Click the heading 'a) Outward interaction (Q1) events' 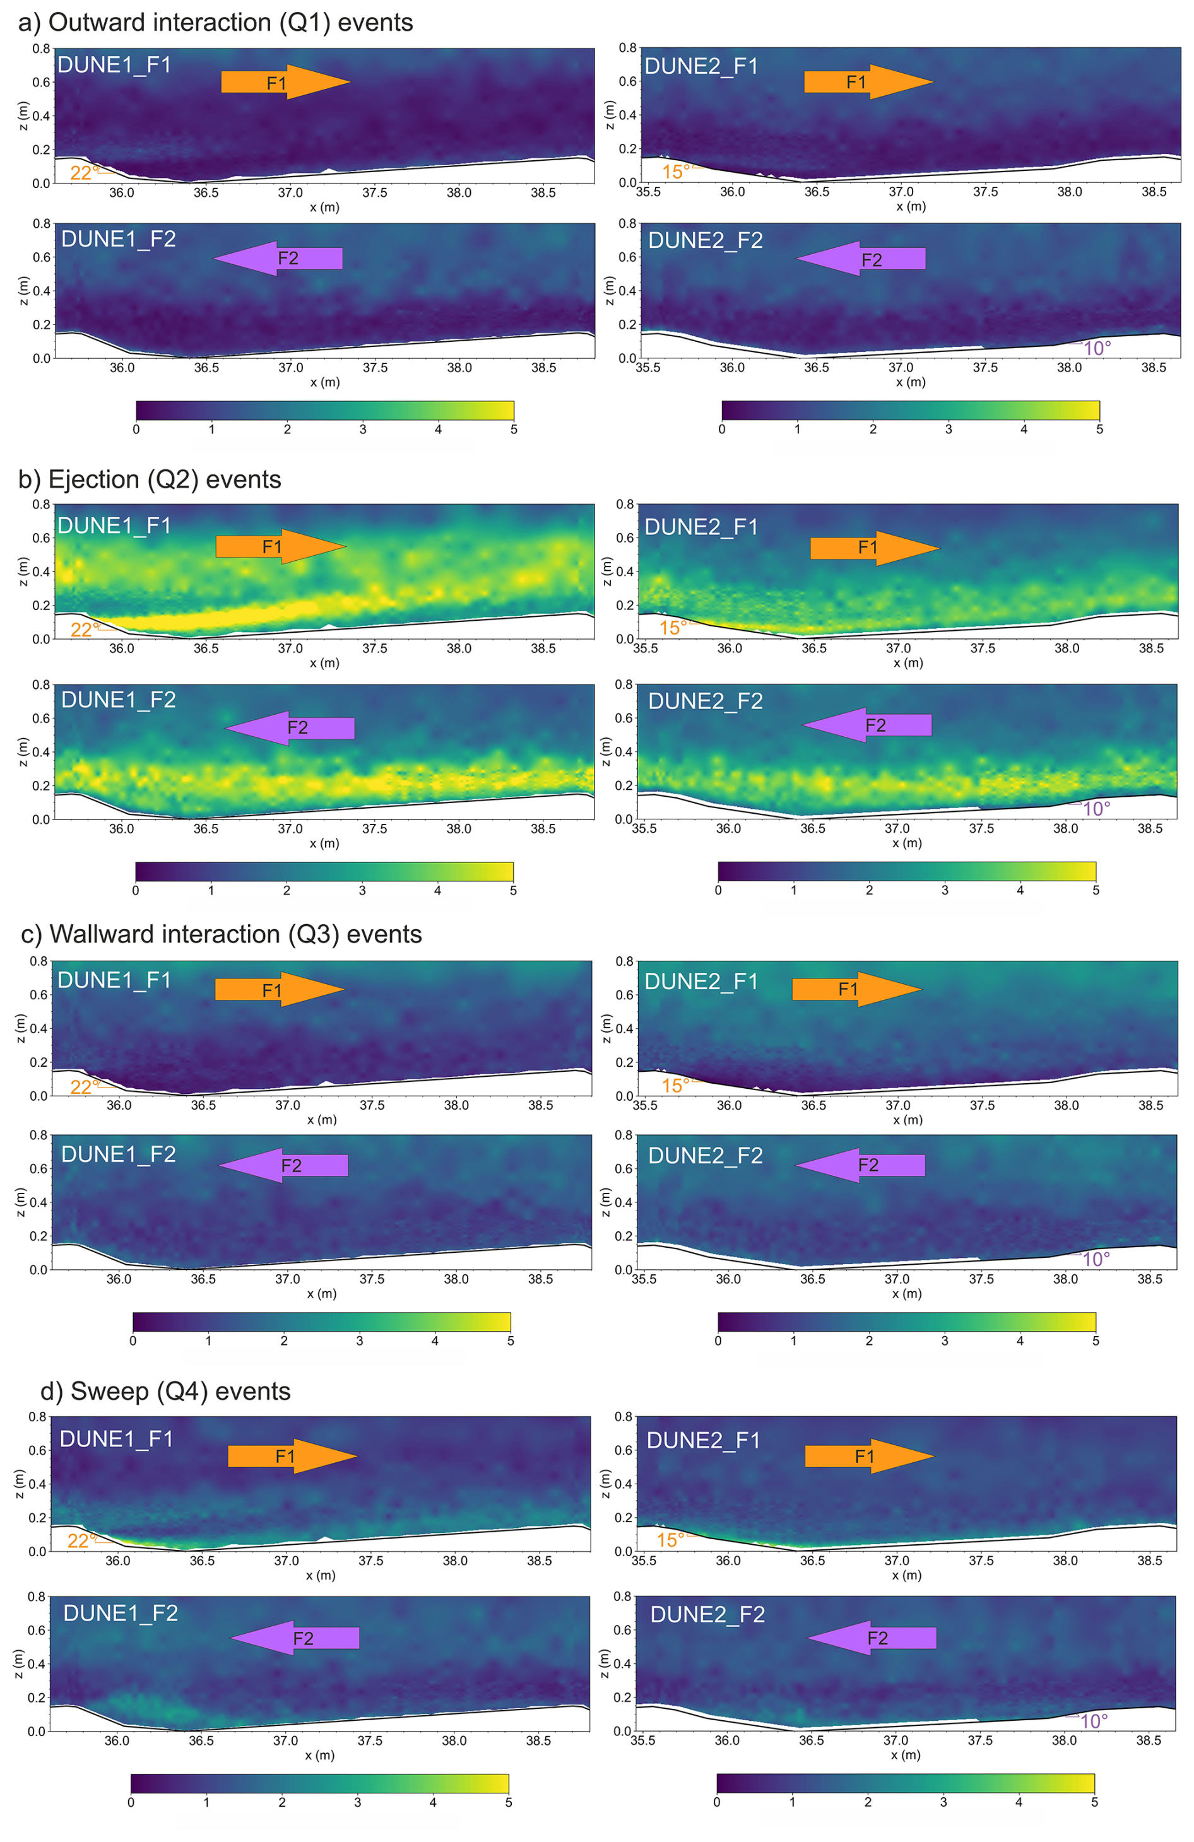pos(215,23)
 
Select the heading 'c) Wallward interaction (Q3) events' pos(221,934)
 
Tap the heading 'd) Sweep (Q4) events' pos(165,1391)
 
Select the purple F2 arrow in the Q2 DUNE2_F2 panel pos(866,725)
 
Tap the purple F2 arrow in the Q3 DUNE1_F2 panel pos(283,1166)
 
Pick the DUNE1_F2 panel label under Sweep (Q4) pos(120,1614)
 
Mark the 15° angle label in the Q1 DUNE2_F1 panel pos(675,172)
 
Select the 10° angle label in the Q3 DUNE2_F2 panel pos(1095,1259)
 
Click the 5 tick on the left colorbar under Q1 pos(513,429)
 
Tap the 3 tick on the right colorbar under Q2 pos(945,890)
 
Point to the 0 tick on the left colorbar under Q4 pos(131,1802)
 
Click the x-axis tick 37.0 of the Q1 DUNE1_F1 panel pos(290,192)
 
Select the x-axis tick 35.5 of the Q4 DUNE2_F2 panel pos(642,1740)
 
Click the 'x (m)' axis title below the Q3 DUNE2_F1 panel pos(907,1119)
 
